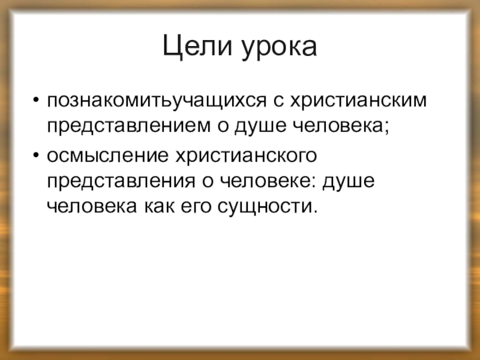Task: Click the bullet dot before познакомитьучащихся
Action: pyautogui.click(x=37, y=98)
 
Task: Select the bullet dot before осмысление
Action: pyautogui.click(x=37, y=155)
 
